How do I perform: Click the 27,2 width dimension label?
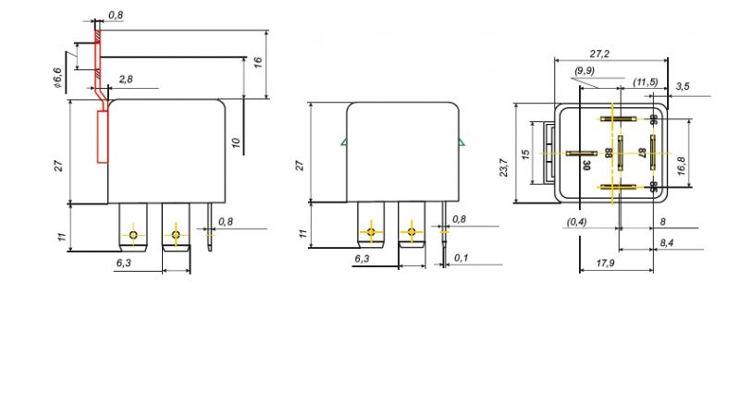pos(599,54)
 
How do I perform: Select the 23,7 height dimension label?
pos(504,168)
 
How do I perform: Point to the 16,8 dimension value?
pos(681,166)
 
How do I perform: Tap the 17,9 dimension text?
pos(605,263)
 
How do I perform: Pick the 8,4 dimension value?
pos(667,242)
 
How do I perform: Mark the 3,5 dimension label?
pos(683,86)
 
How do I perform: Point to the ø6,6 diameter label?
pos(57,78)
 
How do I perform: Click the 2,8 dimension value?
pos(126,79)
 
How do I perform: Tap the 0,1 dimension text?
pos(461,258)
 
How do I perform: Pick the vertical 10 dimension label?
pos(237,141)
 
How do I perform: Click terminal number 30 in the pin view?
pos(586,166)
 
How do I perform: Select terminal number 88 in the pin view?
pos(609,153)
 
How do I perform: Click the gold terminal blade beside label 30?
pos(579,154)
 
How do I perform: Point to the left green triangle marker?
pos(344,141)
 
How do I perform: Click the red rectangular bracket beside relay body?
pos(103,137)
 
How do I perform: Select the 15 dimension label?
pos(525,154)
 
